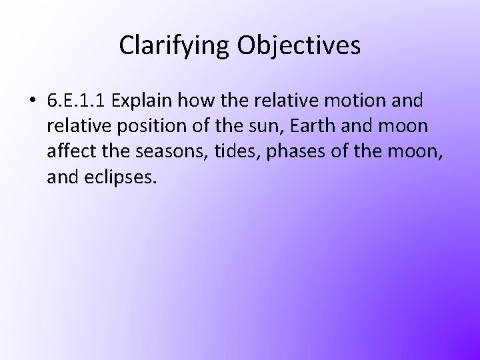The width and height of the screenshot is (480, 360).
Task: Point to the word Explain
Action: [141, 101]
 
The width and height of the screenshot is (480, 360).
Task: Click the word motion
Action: [349, 101]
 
